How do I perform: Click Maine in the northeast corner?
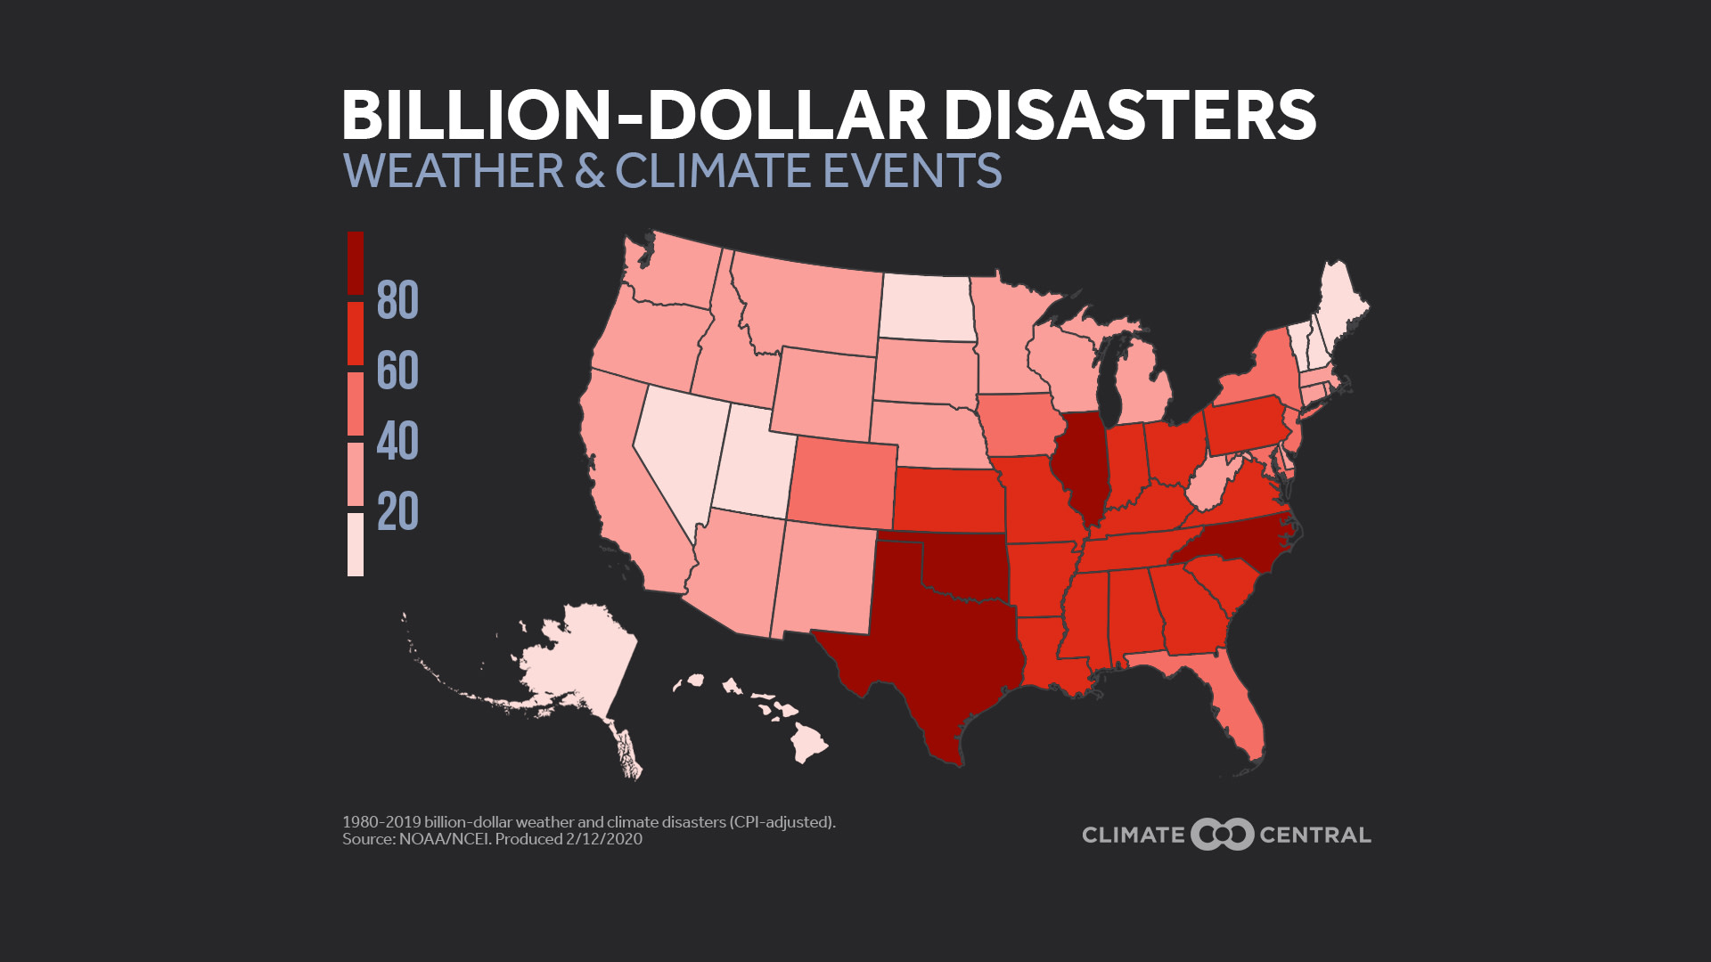[x=1337, y=312]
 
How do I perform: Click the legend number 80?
[x=397, y=300]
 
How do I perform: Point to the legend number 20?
[x=397, y=512]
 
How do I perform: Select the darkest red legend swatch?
[x=355, y=263]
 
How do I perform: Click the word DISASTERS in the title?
[x=1129, y=115]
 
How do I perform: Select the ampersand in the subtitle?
[x=589, y=171]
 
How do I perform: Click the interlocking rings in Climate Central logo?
[x=1222, y=835]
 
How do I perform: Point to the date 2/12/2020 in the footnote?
[x=603, y=839]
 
